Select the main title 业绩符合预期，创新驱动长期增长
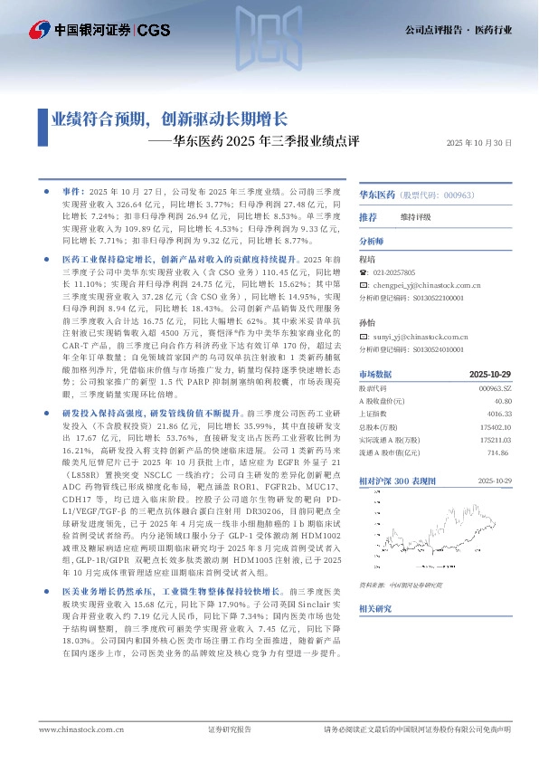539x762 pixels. pyautogui.click(x=168, y=119)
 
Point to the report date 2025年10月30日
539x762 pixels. pyautogui.click(x=479, y=143)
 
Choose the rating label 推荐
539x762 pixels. pyautogui.click(x=368, y=218)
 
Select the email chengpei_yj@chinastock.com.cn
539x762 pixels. pyautogui.click(x=425, y=284)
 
